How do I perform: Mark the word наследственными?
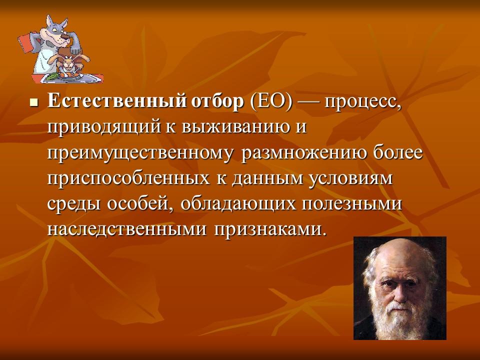128,229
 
